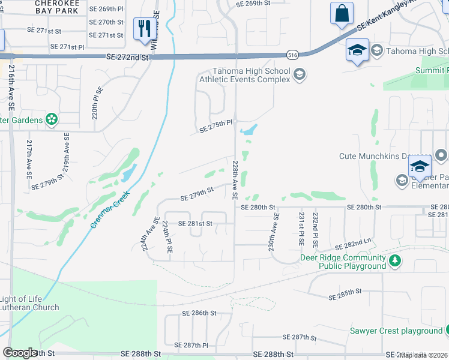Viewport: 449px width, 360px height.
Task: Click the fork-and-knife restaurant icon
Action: [x=144, y=29]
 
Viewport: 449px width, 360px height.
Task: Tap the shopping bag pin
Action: [x=342, y=13]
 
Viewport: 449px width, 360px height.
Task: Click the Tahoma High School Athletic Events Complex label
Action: [x=244, y=76]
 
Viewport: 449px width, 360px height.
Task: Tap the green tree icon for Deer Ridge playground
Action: [x=395, y=260]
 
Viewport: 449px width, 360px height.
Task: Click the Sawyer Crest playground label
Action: [x=396, y=331]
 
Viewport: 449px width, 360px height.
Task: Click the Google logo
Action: [x=20, y=353]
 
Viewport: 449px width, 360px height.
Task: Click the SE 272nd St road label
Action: [x=127, y=56]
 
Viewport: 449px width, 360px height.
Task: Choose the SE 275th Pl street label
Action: [x=215, y=123]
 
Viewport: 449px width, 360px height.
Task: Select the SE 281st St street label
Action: [x=195, y=223]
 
